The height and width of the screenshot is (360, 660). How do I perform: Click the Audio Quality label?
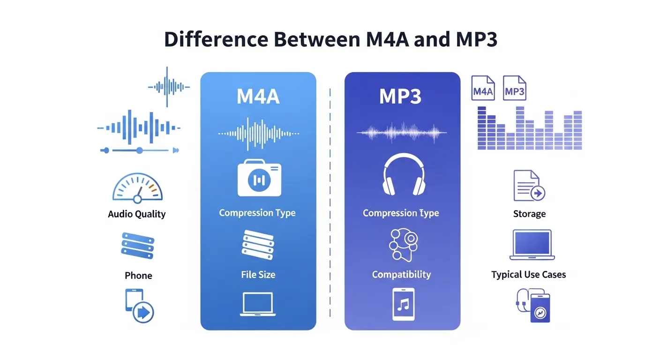point(137,214)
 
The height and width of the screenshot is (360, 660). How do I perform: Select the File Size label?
point(258,275)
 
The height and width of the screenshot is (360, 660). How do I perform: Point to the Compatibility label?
point(401,274)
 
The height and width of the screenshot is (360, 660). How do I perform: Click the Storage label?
point(529,214)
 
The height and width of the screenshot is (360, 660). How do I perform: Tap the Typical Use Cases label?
point(528,275)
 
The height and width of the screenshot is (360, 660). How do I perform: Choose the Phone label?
point(138,276)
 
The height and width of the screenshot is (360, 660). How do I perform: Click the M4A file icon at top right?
point(483,89)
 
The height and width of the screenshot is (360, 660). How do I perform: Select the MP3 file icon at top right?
point(514,89)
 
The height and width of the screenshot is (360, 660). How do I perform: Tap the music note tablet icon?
point(403,305)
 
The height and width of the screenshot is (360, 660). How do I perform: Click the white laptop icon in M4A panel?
point(258,304)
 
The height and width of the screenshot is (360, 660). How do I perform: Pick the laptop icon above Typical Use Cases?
point(532,245)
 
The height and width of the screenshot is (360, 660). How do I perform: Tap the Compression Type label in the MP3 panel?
point(401,213)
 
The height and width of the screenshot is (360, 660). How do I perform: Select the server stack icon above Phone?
point(137,245)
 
